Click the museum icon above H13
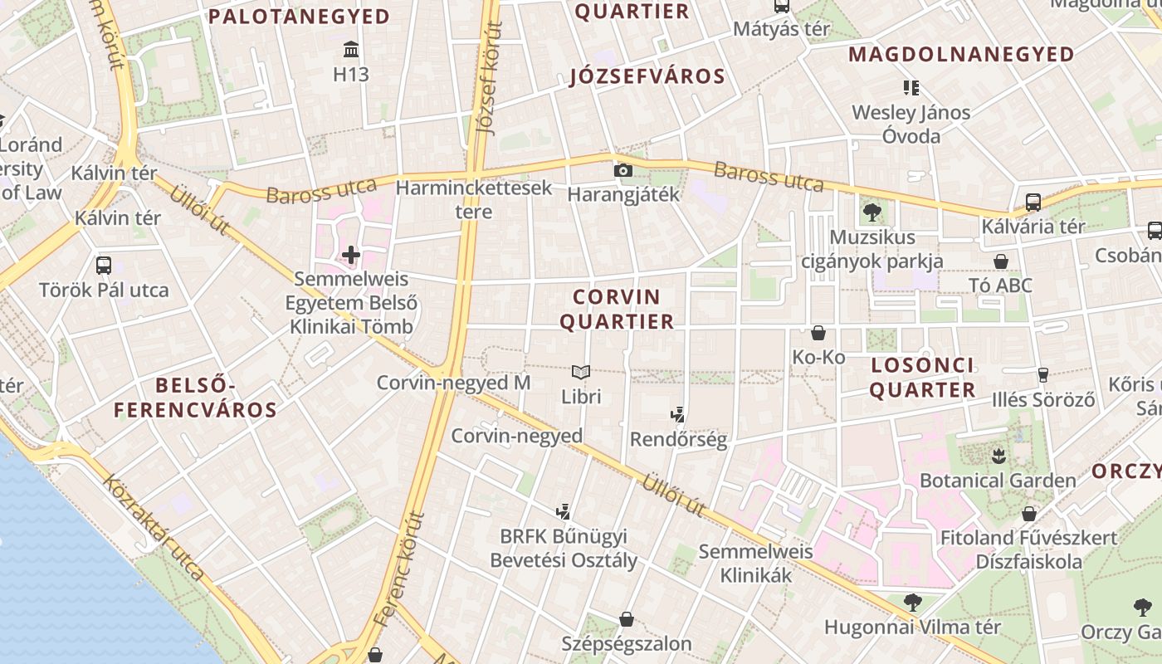[350, 49]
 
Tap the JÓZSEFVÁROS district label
[647, 77]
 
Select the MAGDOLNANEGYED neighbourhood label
[961, 55]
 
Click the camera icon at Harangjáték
[622, 171]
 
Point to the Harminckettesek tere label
[474, 199]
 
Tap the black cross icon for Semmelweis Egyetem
[350, 254]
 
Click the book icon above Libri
[581, 373]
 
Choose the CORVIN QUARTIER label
[617, 309]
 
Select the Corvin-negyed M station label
[453, 383]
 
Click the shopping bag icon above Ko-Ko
[818, 333]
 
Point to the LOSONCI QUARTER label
[922, 378]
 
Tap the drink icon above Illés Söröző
[1043, 375]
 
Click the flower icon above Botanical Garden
[998, 455]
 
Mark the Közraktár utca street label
[154, 526]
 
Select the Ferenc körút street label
[399, 569]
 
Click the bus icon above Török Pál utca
[104, 266]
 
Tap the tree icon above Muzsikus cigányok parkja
[871, 212]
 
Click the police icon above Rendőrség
[678, 414]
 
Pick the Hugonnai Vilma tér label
[913, 627]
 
